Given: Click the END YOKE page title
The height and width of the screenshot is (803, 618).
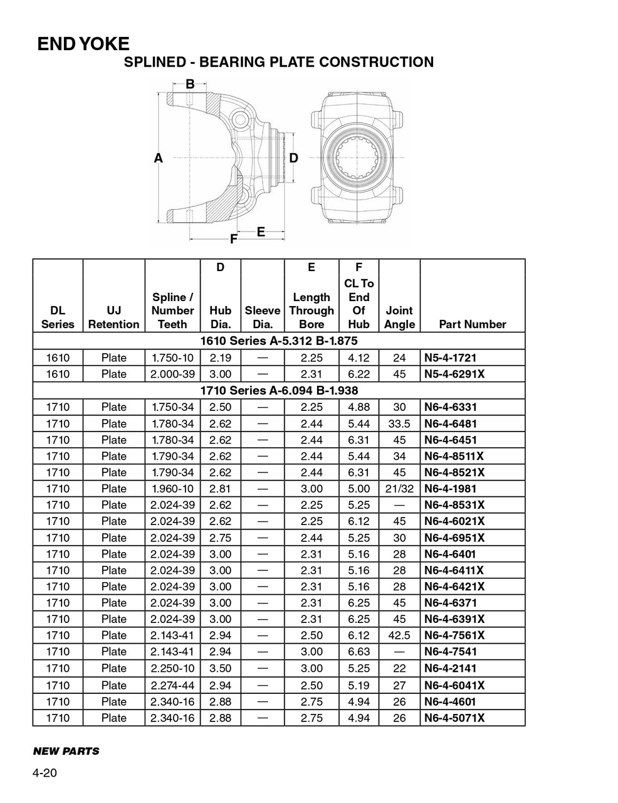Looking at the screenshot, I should pyautogui.click(x=83, y=44).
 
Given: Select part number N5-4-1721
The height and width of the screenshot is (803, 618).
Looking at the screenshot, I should pyautogui.click(x=450, y=358).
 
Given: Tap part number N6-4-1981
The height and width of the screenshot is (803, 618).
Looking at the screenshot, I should pyautogui.click(x=450, y=489).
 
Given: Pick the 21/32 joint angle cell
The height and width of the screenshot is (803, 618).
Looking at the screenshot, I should pyautogui.click(x=399, y=489).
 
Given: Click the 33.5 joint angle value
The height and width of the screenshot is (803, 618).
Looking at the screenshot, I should pyautogui.click(x=399, y=423).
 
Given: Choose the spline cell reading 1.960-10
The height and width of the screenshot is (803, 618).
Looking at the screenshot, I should pyautogui.click(x=172, y=489).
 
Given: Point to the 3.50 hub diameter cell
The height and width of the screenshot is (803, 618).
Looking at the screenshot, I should pyautogui.click(x=220, y=668).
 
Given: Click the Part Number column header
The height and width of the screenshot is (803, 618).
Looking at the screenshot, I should pyautogui.click(x=472, y=324).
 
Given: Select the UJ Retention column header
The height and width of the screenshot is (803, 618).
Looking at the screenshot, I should pyautogui.click(x=113, y=317).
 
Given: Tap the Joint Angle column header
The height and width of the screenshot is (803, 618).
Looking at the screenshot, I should pyautogui.click(x=399, y=317).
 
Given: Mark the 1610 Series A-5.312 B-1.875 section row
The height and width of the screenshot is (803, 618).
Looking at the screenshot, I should pyautogui.click(x=278, y=341).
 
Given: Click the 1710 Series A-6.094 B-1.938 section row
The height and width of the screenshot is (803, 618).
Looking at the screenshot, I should pyautogui.click(x=278, y=390).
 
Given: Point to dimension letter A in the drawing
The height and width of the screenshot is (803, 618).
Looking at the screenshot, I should pyautogui.click(x=159, y=159).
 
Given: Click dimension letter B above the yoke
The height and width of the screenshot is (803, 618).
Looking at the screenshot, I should pyautogui.click(x=190, y=83).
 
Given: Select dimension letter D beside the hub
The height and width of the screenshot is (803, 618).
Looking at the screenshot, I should pyautogui.click(x=293, y=159).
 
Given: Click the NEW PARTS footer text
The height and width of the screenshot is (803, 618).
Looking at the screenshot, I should pyautogui.click(x=66, y=751).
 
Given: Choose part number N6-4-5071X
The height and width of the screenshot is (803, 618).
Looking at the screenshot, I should pyautogui.click(x=454, y=718).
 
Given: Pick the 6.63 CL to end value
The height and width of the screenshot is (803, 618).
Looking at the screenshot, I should pyautogui.click(x=359, y=652).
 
